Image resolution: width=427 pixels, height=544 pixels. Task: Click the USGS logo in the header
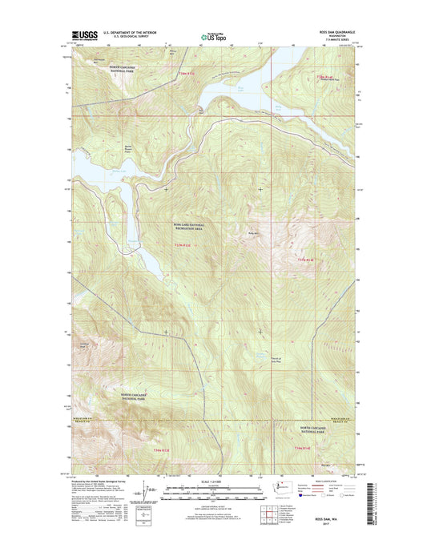(83, 36)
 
